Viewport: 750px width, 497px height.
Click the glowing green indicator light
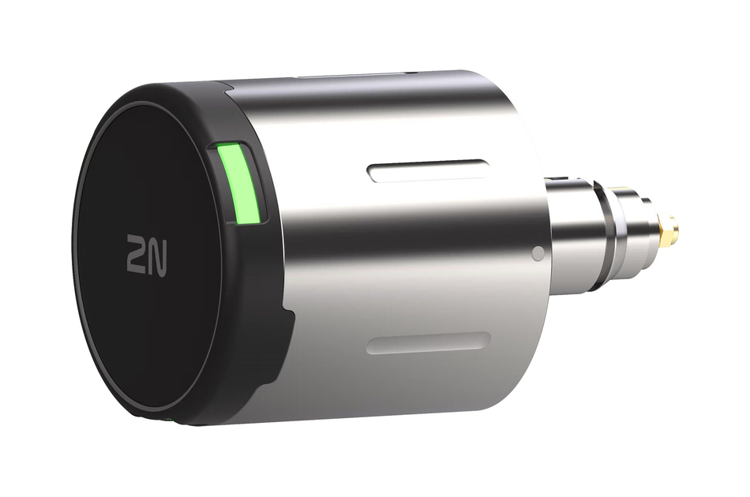(239, 181)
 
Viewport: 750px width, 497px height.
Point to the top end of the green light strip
(231, 148)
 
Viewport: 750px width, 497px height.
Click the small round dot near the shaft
(538, 254)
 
